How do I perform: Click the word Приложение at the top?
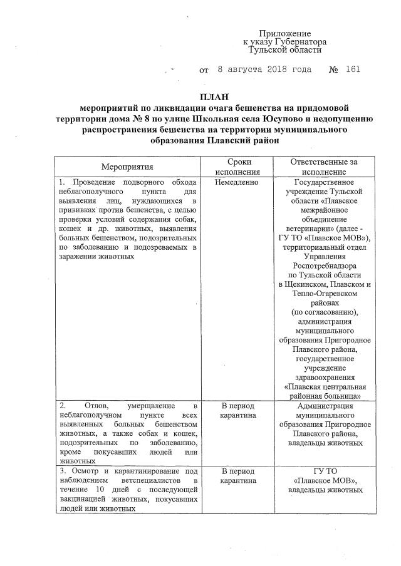point(285,33)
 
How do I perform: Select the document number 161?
point(353,69)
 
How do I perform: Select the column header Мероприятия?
point(127,167)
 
